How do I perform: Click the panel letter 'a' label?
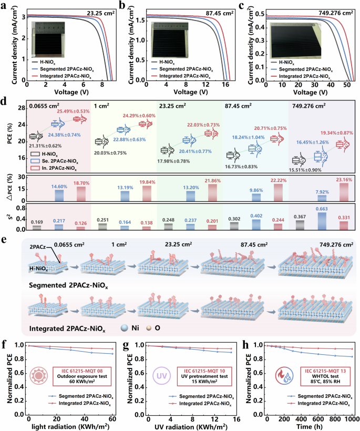4,6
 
